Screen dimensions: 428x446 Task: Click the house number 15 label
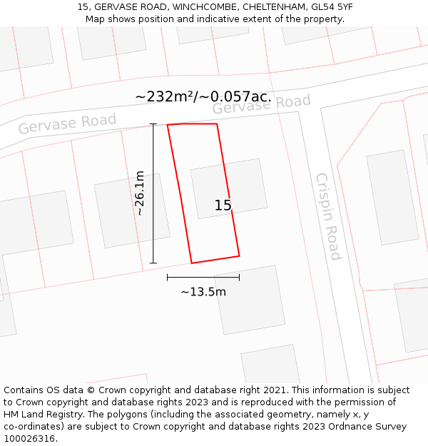(x=223, y=206)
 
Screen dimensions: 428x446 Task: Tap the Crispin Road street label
(x=328, y=216)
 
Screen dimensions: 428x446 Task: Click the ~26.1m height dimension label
(x=140, y=193)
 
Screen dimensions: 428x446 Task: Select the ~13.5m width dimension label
(x=203, y=292)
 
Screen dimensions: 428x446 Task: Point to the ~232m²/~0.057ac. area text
(x=203, y=96)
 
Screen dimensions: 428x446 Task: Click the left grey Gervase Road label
(x=67, y=123)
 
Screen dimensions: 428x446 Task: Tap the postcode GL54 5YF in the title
(x=329, y=7)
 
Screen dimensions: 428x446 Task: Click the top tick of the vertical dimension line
(x=153, y=124)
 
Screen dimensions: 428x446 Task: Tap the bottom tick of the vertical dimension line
(x=153, y=263)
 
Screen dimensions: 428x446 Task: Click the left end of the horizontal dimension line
(x=168, y=277)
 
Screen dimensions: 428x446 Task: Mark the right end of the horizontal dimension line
(x=239, y=277)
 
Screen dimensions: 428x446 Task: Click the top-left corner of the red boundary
(x=168, y=125)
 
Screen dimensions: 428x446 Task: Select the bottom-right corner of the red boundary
(x=239, y=255)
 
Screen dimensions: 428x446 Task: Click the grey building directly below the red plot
(x=247, y=300)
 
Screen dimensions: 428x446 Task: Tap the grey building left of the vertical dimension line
(x=132, y=211)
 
